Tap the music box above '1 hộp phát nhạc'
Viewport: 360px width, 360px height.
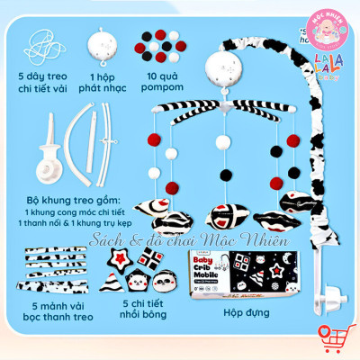coord(101,43)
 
